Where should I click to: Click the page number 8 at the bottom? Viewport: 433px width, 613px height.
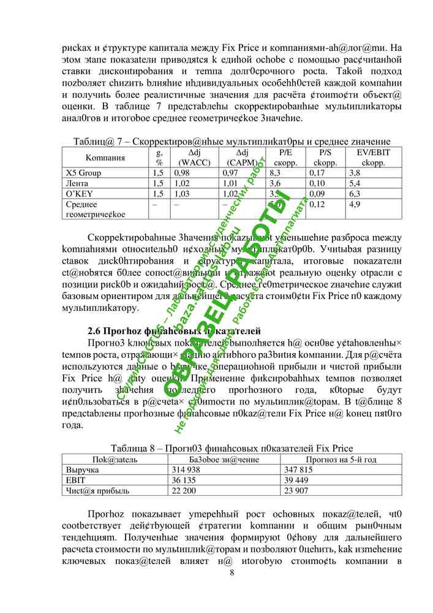[x=232, y=573]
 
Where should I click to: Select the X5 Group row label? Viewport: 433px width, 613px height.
[x=83, y=173]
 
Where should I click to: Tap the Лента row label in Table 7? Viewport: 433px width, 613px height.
[x=77, y=183]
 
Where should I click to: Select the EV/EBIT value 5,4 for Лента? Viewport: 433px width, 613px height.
[x=354, y=183]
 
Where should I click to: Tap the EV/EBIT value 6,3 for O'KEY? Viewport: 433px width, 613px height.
[x=354, y=193]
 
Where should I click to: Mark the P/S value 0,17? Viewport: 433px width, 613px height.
[x=317, y=173]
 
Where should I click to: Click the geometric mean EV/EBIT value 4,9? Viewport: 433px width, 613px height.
[x=354, y=204]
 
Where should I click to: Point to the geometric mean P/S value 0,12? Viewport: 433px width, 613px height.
[x=317, y=204]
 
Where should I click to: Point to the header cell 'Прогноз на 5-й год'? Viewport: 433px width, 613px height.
[x=341, y=459]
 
